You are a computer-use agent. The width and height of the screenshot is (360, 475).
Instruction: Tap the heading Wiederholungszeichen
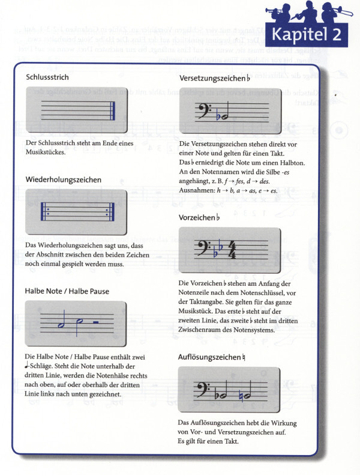[x=63, y=179]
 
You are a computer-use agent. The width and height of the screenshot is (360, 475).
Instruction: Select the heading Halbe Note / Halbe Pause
[x=67, y=291]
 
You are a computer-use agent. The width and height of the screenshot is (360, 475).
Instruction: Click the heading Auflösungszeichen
[x=210, y=357]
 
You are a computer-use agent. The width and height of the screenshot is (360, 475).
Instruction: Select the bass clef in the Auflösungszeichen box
[x=203, y=391]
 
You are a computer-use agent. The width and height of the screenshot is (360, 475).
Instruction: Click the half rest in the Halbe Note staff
[x=97, y=324]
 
